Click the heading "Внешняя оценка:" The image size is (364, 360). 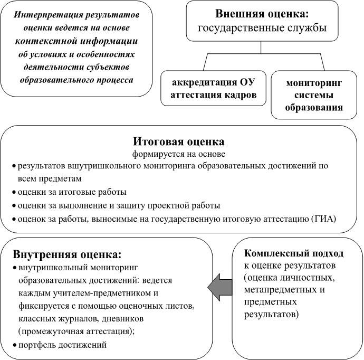262,14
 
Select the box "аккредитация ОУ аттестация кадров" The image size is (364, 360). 213,88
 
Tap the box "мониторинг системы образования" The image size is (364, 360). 314,95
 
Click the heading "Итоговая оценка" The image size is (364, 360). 178,141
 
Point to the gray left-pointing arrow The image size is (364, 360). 220,287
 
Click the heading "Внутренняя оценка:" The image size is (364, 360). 67,254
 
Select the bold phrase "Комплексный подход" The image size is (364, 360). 294,253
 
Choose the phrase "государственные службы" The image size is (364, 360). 262,28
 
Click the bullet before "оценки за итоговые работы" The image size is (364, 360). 14,192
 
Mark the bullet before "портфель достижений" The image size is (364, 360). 15,345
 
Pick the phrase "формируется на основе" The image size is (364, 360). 178,154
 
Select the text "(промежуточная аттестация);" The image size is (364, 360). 76,331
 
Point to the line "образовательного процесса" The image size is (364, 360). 76,80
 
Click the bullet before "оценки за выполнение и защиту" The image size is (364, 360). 14,206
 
